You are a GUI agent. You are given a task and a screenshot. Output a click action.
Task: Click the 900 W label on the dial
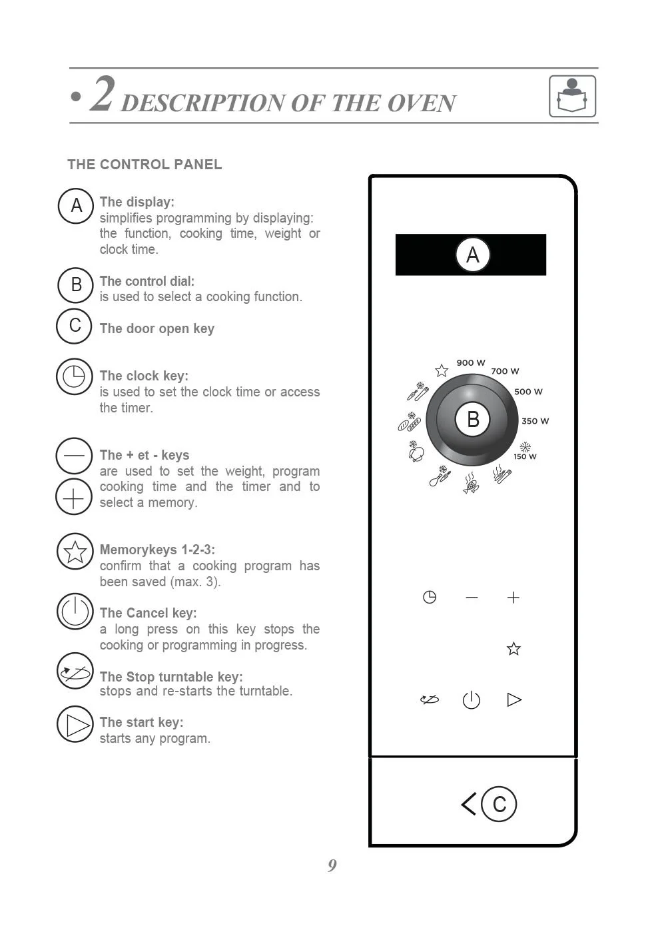pyautogui.click(x=471, y=363)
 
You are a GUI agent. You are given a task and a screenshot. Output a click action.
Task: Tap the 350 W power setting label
pyautogui.click(x=535, y=421)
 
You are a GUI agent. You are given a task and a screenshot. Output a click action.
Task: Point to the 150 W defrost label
pyautogui.click(x=525, y=456)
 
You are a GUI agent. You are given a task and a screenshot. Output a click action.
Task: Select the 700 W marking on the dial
pyautogui.click(x=505, y=371)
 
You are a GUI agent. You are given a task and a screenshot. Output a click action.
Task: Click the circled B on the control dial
pyautogui.click(x=473, y=420)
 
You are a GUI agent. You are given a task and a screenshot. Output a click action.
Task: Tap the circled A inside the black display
pyautogui.click(x=472, y=254)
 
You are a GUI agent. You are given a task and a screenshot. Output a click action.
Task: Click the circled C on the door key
pyautogui.click(x=499, y=804)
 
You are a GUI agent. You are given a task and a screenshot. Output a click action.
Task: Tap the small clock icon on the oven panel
pyautogui.click(x=430, y=597)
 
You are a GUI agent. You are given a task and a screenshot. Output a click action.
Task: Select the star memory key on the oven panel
pyautogui.click(x=513, y=648)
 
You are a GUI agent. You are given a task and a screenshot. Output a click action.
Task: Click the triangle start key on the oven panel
pyautogui.click(x=514, y=700)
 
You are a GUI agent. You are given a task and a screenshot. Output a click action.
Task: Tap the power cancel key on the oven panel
pyautogui.click(x=472, y=700)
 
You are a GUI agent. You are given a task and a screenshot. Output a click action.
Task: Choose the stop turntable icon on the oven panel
pyautogui.click(x=430, y=700)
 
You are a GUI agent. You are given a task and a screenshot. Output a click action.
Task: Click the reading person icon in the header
pyautogui.click(x=572, y=97)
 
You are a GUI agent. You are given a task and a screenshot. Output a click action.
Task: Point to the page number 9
pyautogui.click(x=332, y=865)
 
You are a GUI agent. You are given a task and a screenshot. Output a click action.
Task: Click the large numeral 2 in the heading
pyautogui.click(x=103, y=94)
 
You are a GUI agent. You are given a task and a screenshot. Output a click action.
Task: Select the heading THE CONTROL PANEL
pyautogui.click(x=145, y=165)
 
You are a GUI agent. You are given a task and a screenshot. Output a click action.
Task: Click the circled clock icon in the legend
pyautogui.click(x=74, y=376)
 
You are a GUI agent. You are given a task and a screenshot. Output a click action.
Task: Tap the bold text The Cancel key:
pyautogui.click(x=148, y=613)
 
